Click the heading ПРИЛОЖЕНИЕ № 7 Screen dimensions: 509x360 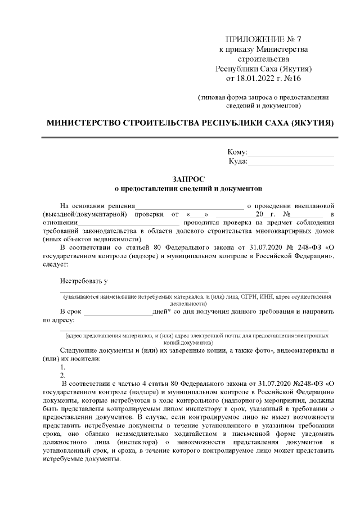click(x=263, y=39)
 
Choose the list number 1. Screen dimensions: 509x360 click(x=63, y=367)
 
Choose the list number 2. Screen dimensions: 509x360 click(x=63, y=375)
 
